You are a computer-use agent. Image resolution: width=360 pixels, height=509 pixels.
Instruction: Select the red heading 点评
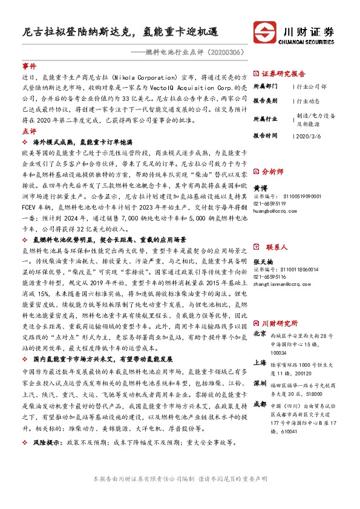(29, 130)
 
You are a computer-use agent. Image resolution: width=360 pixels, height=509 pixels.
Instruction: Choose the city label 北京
(259, 333)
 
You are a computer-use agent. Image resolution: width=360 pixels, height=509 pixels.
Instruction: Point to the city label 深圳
(259, 383)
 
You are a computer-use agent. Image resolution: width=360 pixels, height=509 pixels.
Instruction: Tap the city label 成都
(259, 403)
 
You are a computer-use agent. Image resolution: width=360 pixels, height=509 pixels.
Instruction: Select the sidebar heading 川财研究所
(280, 323)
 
